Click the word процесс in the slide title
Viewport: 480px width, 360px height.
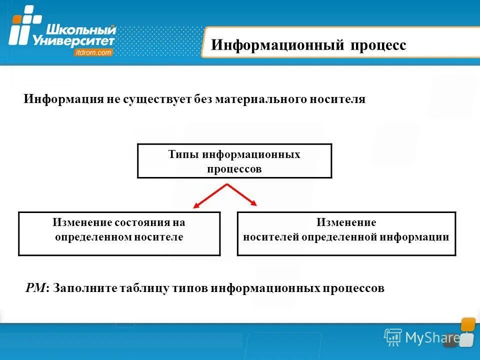click(x=378, y=45)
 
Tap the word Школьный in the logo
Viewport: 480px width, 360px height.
click(x=73, y=30)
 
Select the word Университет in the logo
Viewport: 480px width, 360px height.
click(x=73, y=41)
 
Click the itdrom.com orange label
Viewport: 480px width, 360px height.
click(x=93, y=52)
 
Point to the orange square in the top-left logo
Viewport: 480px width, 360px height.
click(x=17, y=19)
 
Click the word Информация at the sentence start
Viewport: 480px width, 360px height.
click(x=62, y=99)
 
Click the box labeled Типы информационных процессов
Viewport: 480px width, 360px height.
click(x=234, y=160)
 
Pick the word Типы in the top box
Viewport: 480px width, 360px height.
click(x=183, y=154)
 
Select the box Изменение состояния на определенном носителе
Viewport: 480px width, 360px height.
click(x=119, y=233)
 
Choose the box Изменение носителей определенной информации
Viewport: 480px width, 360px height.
click(x=346, y=233)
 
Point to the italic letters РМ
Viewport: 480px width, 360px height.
click(x=36, y=288)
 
